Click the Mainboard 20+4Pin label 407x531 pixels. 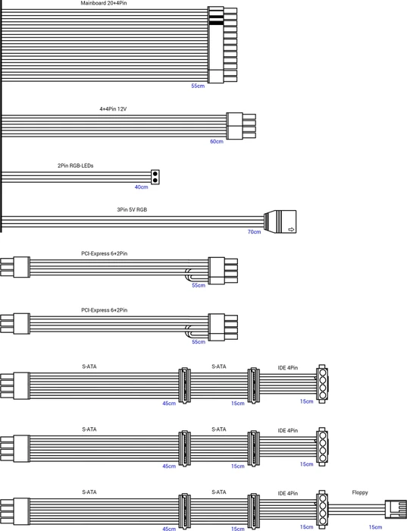[x=104, y=3]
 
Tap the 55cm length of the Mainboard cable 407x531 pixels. [x=198, y=86]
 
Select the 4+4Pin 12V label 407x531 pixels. [x=113, y=109]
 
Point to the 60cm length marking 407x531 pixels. [x=217, y=142]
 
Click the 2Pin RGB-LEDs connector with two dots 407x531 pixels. [x=155, y=177]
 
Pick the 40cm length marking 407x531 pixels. [x=141, y=187]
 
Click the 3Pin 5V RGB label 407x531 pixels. [x=132, y=209]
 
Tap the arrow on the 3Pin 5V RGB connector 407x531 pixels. [x=291, y=230]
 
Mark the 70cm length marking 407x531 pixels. [x=254, y=232]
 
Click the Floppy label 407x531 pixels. [x=360, y=492]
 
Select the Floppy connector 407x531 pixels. [x=396, y=509]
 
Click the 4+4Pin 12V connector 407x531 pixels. [x=241, y=126]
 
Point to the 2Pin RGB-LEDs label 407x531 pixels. [x=76, y=165]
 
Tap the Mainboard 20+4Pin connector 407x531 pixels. [x=222, y=45]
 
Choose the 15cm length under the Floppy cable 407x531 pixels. [x=375, y=527]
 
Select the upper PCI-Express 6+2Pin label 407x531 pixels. [x=104, y=253]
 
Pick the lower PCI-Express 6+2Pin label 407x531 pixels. [x=104, y=309]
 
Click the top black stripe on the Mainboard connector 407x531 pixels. [x=216, y=17]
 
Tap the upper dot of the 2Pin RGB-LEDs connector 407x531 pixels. [x=155, y=174]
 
